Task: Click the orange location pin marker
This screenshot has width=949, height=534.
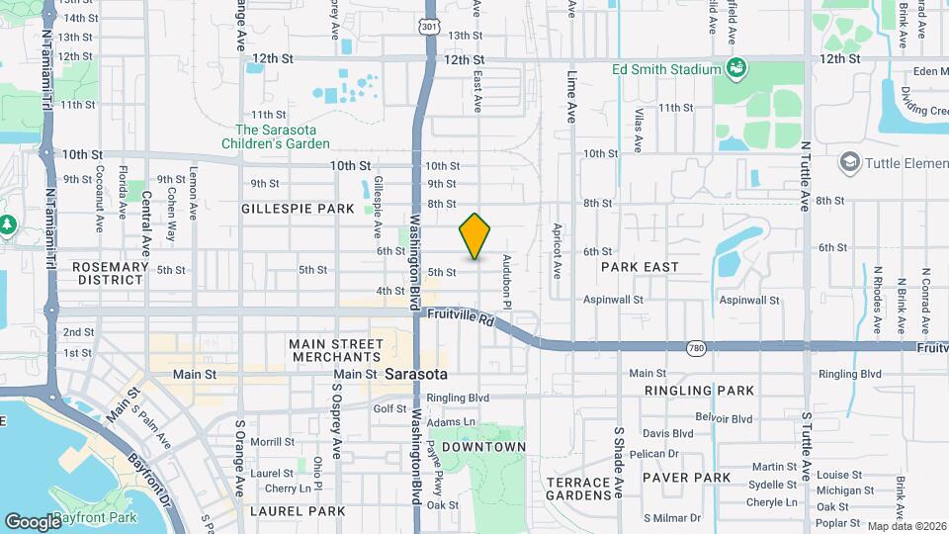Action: [x=475, y=235]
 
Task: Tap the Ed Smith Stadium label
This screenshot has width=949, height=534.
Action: [x=666, y=69]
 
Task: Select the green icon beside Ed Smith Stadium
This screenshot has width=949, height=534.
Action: [x=735, y=68]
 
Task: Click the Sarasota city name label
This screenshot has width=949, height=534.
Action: [x=415, y=375]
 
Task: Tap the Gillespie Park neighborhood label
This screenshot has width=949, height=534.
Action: [x=297, y=209]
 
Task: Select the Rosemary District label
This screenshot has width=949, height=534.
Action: [x=109, y=273]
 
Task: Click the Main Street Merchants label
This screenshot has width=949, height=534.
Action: [x=335, y=349]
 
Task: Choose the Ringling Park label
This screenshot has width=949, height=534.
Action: [x=699, y=391]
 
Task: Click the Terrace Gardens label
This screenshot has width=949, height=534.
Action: [x=580, y=488]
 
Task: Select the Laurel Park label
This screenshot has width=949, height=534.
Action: [x=298, y=511]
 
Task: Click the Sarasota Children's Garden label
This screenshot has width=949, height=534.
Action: [x=282, y=136]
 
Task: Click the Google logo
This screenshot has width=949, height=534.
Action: [x=33, y=521]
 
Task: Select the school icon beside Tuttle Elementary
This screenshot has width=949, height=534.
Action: [x=848, y=161]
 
